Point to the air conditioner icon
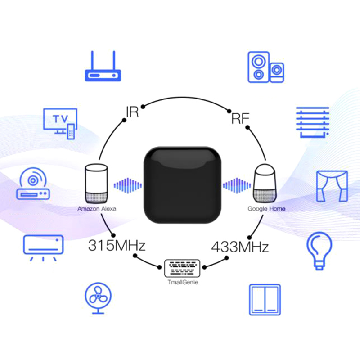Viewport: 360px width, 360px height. (x=43, y=246)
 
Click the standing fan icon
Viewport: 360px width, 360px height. (x=98, y=297)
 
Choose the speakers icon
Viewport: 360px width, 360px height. (x=265, y=67)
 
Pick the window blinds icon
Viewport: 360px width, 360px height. (x=312, y=121)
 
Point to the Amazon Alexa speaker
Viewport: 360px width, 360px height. (x=97, y=184)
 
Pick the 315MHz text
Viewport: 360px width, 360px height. (x=117, y=246)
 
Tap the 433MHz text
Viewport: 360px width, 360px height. (x=240, y=247)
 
